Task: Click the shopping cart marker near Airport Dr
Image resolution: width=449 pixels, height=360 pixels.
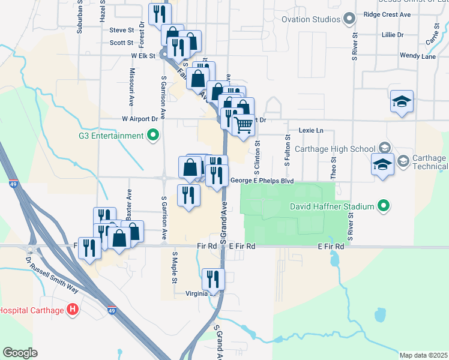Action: tap(244, 125)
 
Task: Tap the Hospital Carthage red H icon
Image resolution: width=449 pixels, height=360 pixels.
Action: tap(73, 310)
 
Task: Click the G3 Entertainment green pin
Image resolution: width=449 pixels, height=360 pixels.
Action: tap(153, 136)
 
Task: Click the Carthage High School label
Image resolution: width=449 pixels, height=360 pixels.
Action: tap(337, 149)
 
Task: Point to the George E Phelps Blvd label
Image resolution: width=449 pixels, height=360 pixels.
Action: tap(261, 181)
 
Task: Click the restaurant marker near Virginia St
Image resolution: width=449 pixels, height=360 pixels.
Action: tap(212, 279)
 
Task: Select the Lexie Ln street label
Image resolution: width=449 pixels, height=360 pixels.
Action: tap(310, 130)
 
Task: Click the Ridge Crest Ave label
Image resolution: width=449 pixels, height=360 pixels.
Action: tap(387, 13)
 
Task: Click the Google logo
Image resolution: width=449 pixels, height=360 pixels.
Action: tap(20, 353)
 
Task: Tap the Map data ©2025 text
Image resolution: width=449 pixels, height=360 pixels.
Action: tap(423, 355)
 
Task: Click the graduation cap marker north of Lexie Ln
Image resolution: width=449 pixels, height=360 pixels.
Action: tap(402, 101)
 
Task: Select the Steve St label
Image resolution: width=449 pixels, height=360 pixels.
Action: tap(121, 29)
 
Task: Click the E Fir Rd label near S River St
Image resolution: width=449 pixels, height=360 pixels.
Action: tap(331, 247)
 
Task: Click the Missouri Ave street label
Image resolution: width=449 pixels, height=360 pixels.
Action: tap(131, 85)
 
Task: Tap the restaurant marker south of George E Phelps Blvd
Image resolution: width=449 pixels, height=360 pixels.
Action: tap(188, 195)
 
